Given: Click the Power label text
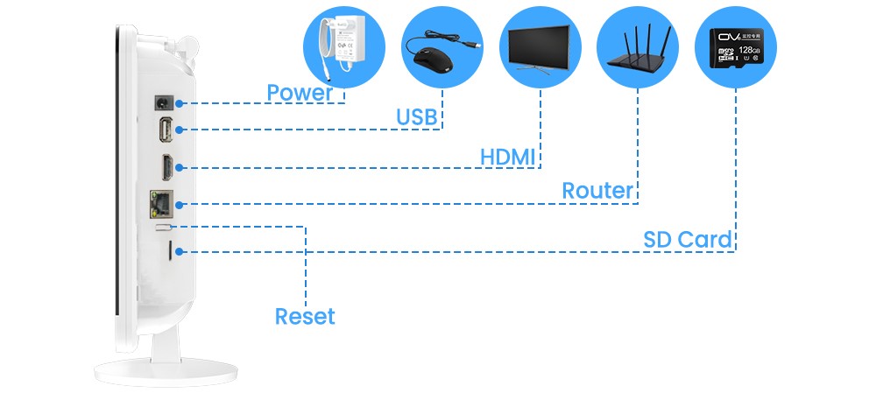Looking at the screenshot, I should (300, 93).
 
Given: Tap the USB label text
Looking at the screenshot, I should (416, 117).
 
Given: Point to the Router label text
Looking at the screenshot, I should (597, 190).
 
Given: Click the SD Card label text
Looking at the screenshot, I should (688, 239).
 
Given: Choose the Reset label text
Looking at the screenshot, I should (305, 316).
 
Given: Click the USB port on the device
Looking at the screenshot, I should (165, 130).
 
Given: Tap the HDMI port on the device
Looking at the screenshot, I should (165, 165).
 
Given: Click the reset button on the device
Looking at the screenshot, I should (162, 227).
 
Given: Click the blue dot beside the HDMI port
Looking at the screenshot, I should (180, 166).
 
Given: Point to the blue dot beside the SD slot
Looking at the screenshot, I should (180, 252).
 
